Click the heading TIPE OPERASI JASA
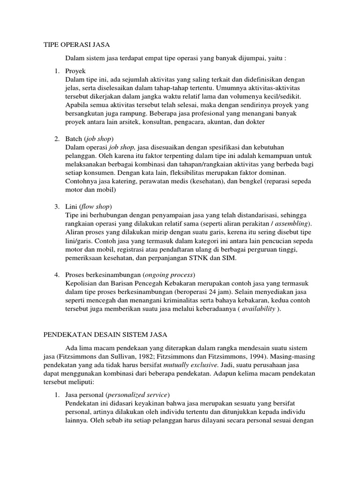coord(76,45)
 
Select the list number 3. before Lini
coord(56,207)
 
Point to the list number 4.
coord(56,275)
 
